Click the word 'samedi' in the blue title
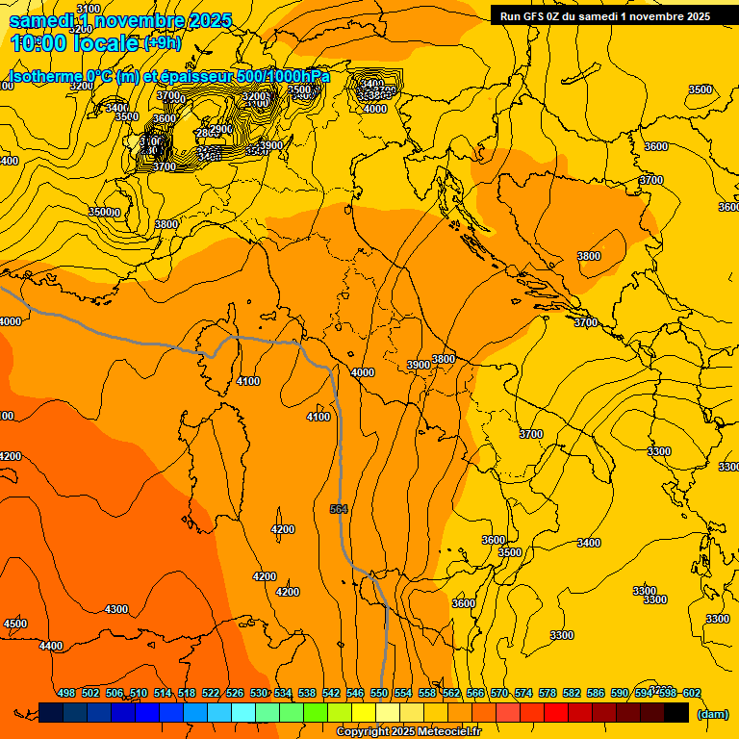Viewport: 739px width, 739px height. [x=42, y=20]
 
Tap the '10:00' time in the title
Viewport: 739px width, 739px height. [x=39, y=42]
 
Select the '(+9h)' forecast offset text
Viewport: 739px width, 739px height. [x=162, y=42]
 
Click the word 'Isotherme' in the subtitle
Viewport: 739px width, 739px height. [x=44, y=77]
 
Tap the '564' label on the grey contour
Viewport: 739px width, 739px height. [x=338, y=509]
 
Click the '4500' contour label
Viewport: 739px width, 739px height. [x=15, y=624]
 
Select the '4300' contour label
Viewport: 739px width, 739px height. [x=115, y=609]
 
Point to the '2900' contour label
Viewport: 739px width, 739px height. [x=220, y=129]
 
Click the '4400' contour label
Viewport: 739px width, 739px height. [x=51, y=646]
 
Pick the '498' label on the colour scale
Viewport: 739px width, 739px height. [x=66, y=693]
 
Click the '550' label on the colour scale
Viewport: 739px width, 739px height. [x=378, y=693]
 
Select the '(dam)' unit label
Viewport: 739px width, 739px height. [x=712, y=713]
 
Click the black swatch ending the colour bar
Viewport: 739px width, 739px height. [x=676, y=712]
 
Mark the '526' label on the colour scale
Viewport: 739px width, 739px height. [x=234, y=693]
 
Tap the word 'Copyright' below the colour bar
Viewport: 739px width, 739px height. [x=366, y=732]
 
